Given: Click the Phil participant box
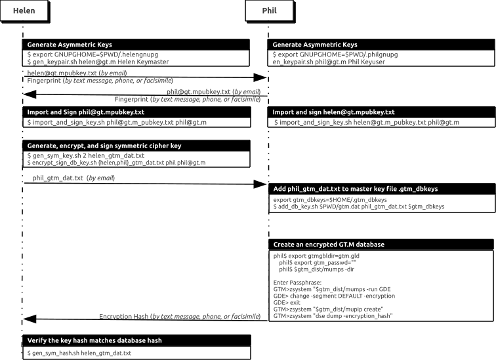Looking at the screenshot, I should click(x=269, y=11).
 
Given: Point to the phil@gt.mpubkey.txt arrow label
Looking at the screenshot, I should click(x=214, y=91).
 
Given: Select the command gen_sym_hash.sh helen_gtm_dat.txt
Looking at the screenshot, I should click(x=79, y=353).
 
